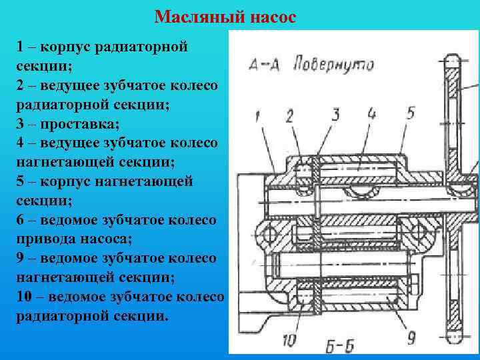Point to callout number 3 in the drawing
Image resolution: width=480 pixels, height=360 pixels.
(x=335, y=115)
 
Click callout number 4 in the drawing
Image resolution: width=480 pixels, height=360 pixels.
(x=371, y=113)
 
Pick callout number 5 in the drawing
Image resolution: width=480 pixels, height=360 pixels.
(x=411, y=112)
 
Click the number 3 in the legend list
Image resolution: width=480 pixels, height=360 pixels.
(x=21, y=124)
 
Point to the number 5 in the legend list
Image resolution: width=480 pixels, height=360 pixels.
(x=21, y=181)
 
